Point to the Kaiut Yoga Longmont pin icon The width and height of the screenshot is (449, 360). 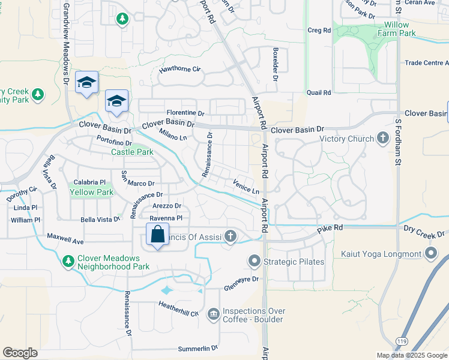[431, 254]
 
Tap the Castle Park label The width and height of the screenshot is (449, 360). [132, 152]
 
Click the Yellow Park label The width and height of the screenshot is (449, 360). [91, 193]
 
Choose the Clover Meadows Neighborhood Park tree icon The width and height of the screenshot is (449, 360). [68, 262]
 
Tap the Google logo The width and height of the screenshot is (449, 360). [20, 353]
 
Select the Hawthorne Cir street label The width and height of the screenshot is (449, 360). [179, 70]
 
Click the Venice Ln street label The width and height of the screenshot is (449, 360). [246, 188]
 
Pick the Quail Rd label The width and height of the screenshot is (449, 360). [319, 92]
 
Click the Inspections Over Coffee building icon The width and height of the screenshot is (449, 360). [213, 314]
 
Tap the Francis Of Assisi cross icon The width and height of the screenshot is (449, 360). [231, 236]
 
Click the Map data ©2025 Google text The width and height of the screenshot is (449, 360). [411, 355]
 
